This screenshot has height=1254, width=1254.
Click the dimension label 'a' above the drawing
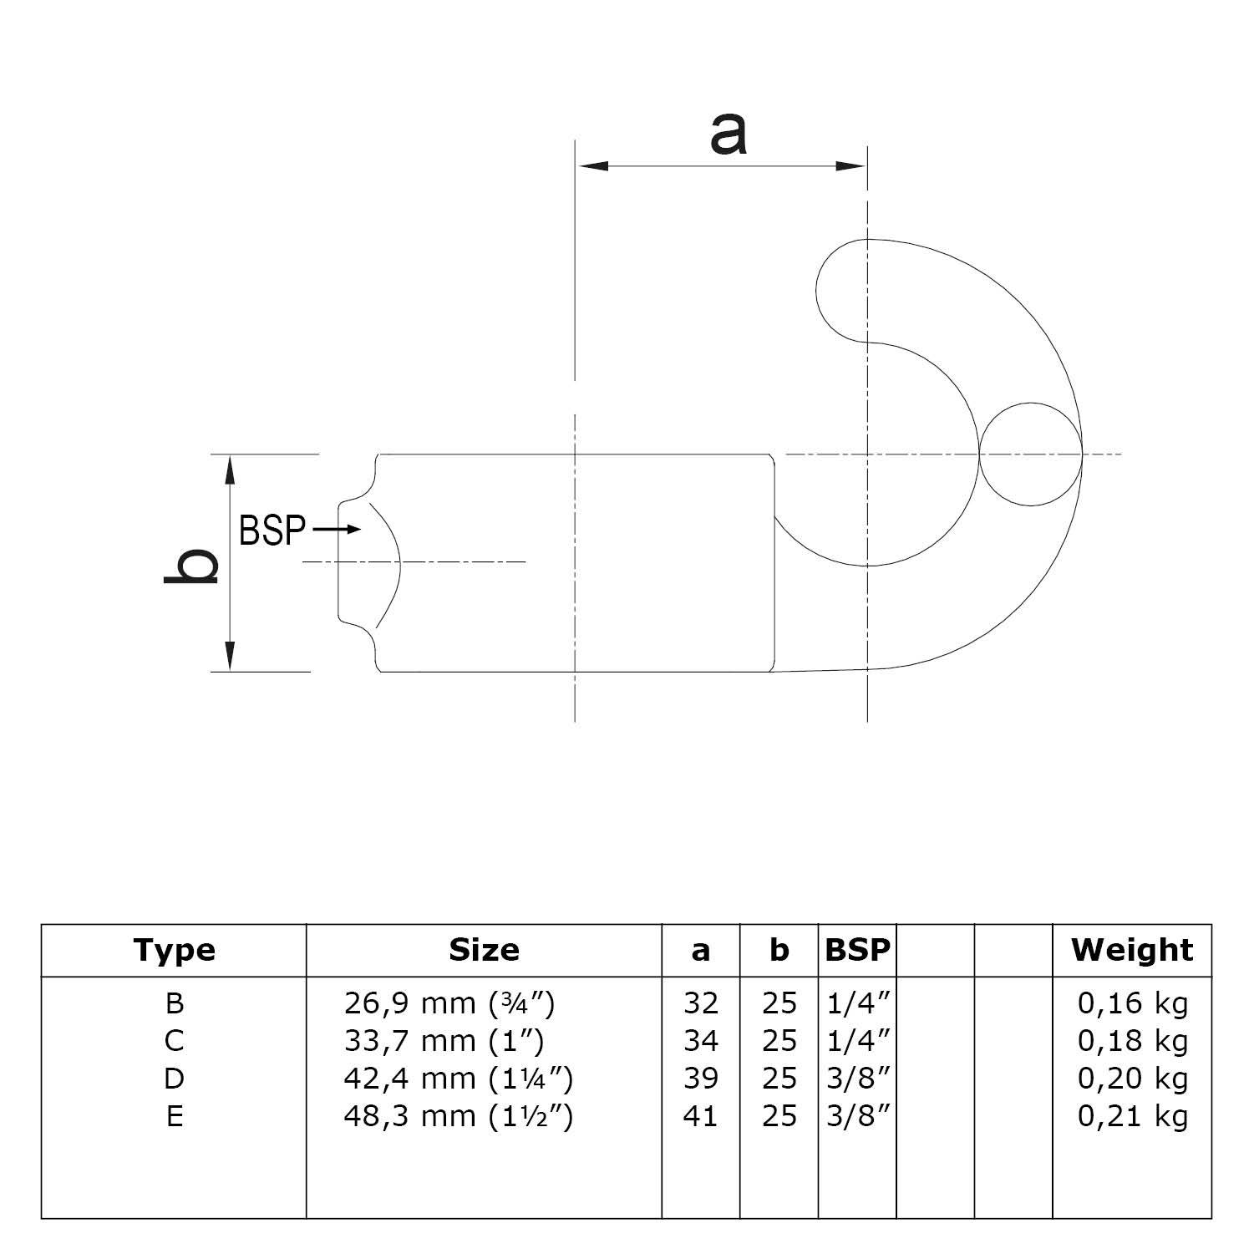(x=728, y=135)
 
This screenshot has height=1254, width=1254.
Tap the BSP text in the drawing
(x=272, y=531)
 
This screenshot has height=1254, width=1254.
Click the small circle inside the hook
(x=1031, y=454)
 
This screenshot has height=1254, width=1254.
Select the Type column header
(x=174, y=950)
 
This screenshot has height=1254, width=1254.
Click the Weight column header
(x=1132, y=950)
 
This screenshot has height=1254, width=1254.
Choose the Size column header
(x=484, y=950)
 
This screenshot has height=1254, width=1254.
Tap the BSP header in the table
(x=857, y=950)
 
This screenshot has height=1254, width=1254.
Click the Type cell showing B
(x=175, y=1003)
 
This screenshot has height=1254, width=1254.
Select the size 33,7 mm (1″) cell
(x=444, y=1041)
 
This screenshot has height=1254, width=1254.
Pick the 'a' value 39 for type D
(x=700, y=1079)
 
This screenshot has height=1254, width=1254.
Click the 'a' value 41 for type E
(x=700, y=1116)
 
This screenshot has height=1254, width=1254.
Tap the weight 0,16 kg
(x=1132, y=1003)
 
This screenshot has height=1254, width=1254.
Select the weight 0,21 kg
(x=1132, y=1116)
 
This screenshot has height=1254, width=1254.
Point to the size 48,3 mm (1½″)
(x=458, y=1116)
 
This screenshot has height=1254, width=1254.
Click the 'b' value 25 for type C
(x=779, y=1041)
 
